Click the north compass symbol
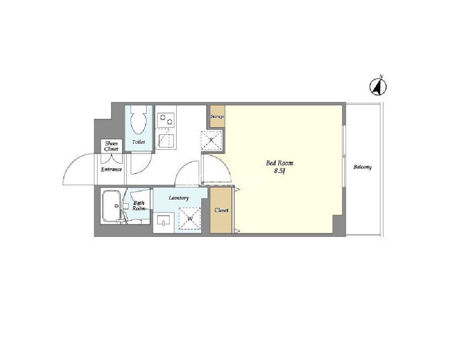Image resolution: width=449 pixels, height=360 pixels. pos(378,86)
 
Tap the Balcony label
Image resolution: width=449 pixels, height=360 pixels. pos(362,167)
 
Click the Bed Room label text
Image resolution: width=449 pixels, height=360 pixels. pos(280,163)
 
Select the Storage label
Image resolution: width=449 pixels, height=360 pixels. pos(217,116)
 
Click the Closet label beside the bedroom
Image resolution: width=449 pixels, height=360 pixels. pos(221,210)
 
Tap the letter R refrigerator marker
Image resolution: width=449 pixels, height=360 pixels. pos(211,140)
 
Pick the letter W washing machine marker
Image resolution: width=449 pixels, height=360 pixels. pos(190,219)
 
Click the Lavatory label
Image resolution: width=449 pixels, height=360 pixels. pos(179,198)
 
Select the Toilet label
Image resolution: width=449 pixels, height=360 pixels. pos(138,142)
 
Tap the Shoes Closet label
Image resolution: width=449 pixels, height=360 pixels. pos(111,146)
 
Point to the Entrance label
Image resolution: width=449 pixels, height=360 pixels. pos(111,169)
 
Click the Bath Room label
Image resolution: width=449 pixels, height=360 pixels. pos(138,206)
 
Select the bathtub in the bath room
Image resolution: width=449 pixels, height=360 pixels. pos(111,206)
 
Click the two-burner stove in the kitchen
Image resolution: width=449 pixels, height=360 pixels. pos(166,120)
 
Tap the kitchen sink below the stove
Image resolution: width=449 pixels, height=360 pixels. pos(166,141)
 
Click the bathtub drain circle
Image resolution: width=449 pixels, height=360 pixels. pos(116,206)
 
